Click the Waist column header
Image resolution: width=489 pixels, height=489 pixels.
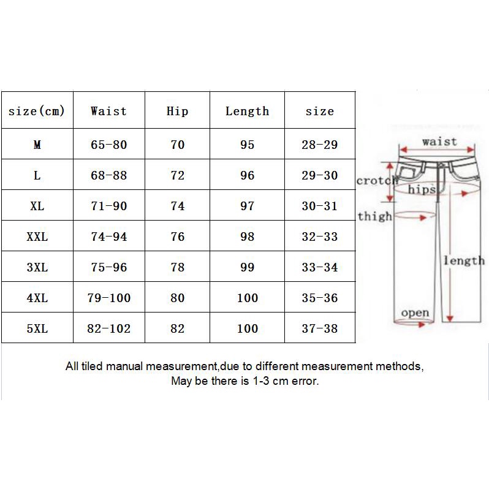(x=108, y=111)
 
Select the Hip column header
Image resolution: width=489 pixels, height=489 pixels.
(x=177, y=111)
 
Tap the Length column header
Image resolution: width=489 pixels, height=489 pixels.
(x=247, y=112)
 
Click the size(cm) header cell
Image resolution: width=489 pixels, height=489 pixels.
(x=37, y=111)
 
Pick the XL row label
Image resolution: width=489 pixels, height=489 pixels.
(x=37, y=206)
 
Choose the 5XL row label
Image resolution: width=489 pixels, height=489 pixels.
(x=37, y=328)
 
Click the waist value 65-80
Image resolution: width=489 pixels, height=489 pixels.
(x=108, y=145)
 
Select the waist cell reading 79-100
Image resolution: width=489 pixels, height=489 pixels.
(x=108, y=298)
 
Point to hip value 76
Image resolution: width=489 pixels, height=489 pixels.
(x=177, y=237)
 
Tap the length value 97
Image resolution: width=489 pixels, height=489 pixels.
(x=247, y=206)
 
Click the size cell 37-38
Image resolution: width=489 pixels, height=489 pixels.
(x=319, y=328)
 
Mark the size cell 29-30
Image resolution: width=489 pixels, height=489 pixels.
(x=319, y=175)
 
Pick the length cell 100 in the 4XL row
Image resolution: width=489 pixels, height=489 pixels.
(x=248, y=298)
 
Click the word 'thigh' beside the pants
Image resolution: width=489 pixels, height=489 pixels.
(x=374, y=216)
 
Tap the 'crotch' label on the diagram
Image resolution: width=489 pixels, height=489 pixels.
(x=377, y=181)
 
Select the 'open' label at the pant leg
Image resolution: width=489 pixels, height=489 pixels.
(x=415, y=313)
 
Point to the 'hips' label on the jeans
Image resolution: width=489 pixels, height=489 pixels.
(x=422, y=189)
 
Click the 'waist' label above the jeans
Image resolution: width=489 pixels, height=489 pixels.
(x=439, y=142)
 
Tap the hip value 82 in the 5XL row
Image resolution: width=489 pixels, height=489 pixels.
(x=177, y=328)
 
